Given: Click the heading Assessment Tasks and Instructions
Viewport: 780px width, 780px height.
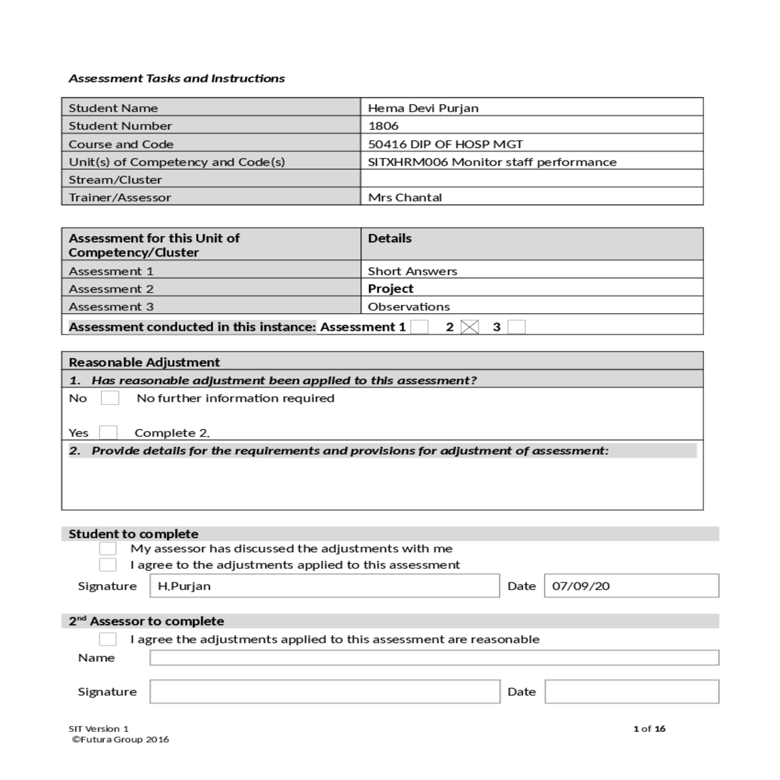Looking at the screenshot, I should coord(177,79).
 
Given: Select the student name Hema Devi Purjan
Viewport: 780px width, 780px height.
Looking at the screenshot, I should coord(423,108).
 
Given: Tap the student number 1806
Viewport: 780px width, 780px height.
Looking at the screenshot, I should coord(383,126).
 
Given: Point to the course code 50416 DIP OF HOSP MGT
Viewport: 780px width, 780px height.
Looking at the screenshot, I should coord(445,144).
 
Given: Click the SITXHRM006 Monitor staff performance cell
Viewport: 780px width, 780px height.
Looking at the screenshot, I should coord(492,162).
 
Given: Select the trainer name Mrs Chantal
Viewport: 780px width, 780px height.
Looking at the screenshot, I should coord(405,198).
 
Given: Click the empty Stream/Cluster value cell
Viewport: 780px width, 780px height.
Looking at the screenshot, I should coord(531,179).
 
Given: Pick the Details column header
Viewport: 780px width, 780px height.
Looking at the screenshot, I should coord(390,239).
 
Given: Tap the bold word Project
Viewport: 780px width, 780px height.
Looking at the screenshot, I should coord(391,289).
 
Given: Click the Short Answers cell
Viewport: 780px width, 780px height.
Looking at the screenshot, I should coord(412,271).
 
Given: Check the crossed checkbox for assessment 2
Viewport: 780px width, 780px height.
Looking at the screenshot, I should coord(469,327).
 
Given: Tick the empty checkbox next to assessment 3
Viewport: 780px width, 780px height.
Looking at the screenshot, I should coord(516,327).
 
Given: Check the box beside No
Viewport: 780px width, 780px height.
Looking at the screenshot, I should coord(110,398).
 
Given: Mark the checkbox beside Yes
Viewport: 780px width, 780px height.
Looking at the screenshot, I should coord(109,433).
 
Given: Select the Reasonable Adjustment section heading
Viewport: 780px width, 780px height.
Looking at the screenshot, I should coord(144,362).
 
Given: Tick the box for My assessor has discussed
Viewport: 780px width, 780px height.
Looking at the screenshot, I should coord(108,549).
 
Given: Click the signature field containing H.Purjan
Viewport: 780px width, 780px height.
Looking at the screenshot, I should coord(324,586).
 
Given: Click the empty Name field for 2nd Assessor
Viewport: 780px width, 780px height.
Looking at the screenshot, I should coord(434,658).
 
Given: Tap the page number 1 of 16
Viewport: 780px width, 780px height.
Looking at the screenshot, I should coord(649,729).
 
